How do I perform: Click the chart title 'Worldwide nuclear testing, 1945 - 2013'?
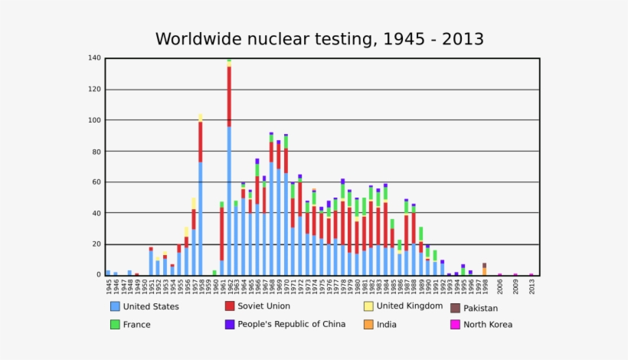[x=319, y=38]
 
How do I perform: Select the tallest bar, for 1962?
[x=229, y=169]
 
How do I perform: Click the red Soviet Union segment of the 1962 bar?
[x=229, y=97]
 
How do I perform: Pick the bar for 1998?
[x=484, y=270]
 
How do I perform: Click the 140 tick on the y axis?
[x=95, y=58]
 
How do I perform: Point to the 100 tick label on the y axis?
[x=95, y=120]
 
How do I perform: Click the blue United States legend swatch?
[x=115, y=306]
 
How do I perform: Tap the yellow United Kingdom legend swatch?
[x=368, y=306]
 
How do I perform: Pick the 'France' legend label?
[x=136, y=325]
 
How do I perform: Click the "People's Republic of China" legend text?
[x=291, y=324]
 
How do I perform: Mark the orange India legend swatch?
[x=368, y=324]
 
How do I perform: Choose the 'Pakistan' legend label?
[x=481, y=309]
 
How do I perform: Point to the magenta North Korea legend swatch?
[x=455, y=325]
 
